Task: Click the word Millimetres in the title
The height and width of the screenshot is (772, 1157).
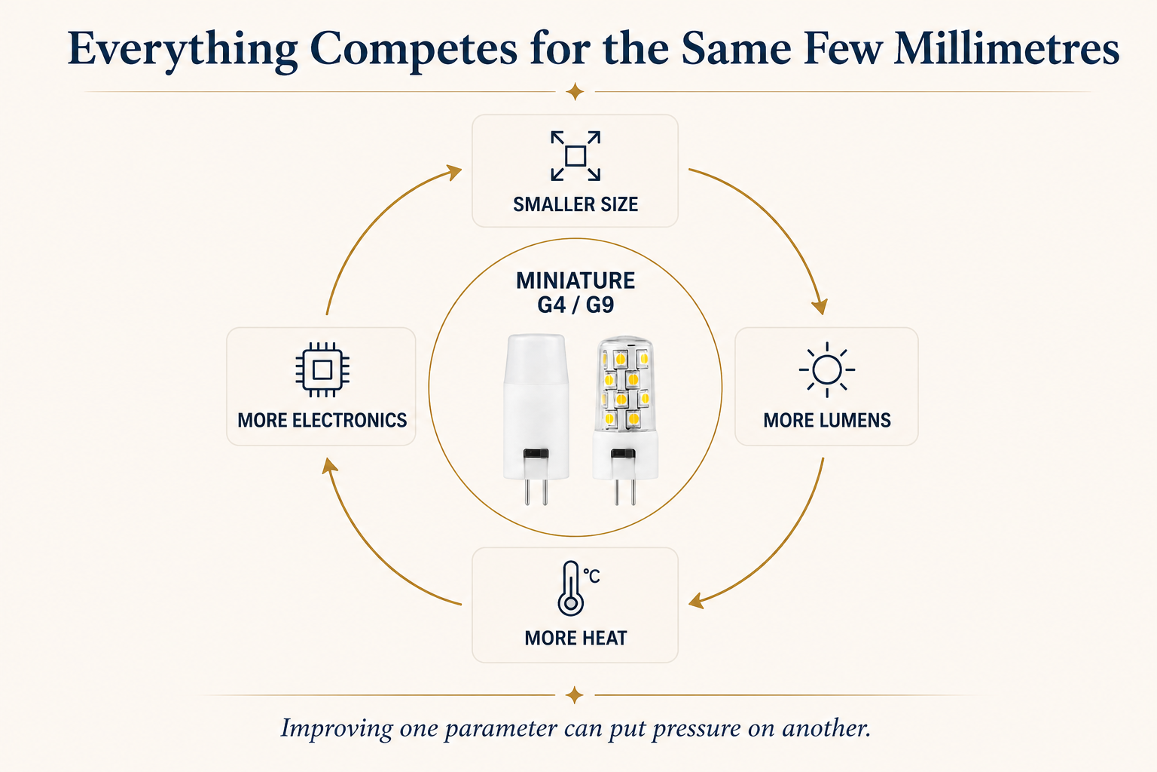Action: point(1006,48)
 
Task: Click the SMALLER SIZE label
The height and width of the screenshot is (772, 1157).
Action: point(575,204)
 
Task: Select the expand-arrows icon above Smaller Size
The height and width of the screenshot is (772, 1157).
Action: point(575,155)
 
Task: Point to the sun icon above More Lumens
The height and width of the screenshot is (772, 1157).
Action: point(827,369)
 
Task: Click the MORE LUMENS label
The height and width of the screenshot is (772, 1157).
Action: point(827,420)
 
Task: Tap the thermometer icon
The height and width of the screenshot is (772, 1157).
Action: point(578,589)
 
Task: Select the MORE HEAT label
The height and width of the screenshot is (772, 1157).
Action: point(575,638)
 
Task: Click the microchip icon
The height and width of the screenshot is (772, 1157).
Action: point(322,369)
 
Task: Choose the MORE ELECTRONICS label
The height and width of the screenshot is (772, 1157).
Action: point(322,420)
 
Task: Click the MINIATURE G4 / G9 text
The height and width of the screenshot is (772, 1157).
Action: point(575,293)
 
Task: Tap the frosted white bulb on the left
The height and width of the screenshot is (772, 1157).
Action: point(536,419)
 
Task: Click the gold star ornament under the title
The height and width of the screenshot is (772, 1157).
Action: point(575,92)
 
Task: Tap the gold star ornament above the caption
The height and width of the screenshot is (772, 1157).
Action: point(575,695)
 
